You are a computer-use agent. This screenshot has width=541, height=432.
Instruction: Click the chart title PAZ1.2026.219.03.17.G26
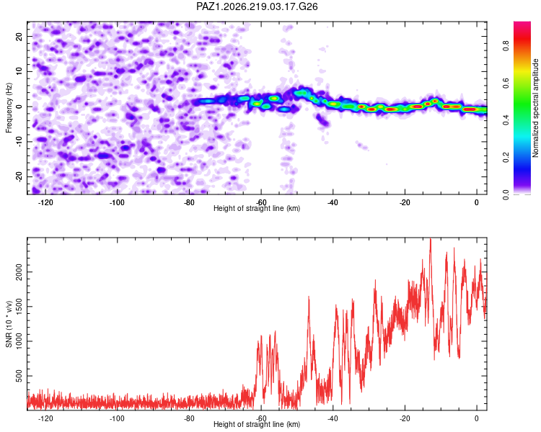tap(257, 6)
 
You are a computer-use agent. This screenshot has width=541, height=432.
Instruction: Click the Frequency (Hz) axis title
tap(9, 108)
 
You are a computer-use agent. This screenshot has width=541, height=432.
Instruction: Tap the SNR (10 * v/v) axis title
tap(9, 324)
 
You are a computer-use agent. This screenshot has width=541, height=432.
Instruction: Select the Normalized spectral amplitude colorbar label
tap(535, 108)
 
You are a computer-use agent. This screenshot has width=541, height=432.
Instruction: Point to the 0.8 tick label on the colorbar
tap(506, 46)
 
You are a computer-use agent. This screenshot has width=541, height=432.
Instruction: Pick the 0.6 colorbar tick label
tap(506, 83)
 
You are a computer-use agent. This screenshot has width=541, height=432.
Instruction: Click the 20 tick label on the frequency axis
tap(19, 36)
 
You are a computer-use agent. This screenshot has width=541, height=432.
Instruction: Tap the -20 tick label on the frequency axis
tap(19, 176)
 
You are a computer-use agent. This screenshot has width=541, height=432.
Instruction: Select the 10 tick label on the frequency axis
tap(19, 71)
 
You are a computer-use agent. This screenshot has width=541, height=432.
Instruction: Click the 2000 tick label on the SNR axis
tap(19, 272)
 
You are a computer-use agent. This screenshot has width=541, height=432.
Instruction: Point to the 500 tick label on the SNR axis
tap(19, 376)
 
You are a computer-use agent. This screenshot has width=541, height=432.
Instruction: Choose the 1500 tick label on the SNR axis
tap(19, 307)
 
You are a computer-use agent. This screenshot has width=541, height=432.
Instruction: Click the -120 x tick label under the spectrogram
tap(45, 202)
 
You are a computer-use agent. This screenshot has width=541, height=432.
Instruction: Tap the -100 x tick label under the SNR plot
tap(117, 418)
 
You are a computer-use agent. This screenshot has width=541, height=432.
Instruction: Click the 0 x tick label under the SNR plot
tap(477, 418)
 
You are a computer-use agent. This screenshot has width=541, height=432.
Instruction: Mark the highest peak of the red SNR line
tap(430, 239)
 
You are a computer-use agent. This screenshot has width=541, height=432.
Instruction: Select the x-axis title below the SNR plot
tap(257, 424)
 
